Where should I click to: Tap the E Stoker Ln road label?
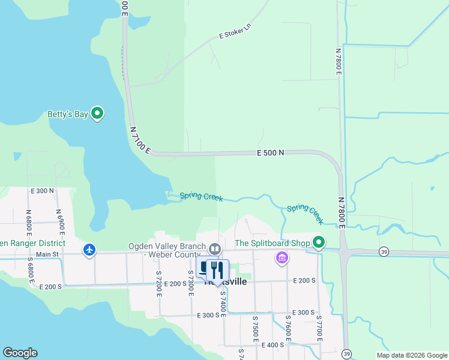coord(235,32)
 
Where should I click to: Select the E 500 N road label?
coord(270,153)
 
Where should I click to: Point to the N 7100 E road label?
coord(139,139)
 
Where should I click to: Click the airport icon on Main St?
coord(89,249)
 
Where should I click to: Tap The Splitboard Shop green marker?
coord(319,243)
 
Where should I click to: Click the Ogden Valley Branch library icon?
coord(214,248)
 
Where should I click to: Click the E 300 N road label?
coord(42,191)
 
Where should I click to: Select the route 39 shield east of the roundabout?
coord(383,252)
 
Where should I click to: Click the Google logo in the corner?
coord(20,353)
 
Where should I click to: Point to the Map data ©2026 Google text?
coord(412,355)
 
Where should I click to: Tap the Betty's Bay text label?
coord(67,114)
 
